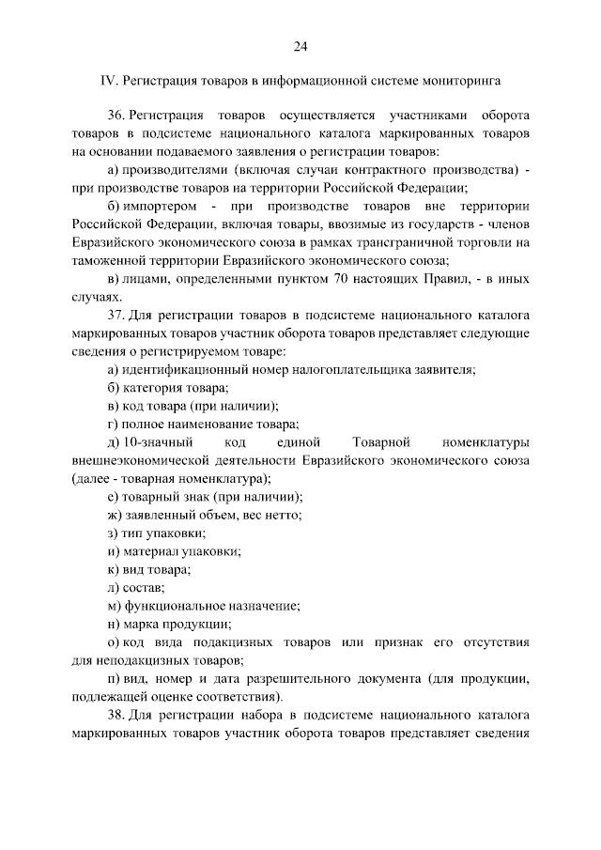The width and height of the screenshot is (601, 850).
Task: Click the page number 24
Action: coord(300,46)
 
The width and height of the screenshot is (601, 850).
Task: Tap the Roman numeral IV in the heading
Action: coord(106,81)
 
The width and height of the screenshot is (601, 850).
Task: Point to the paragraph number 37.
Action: coord(116,315)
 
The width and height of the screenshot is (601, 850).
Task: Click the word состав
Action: coord(144,587)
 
